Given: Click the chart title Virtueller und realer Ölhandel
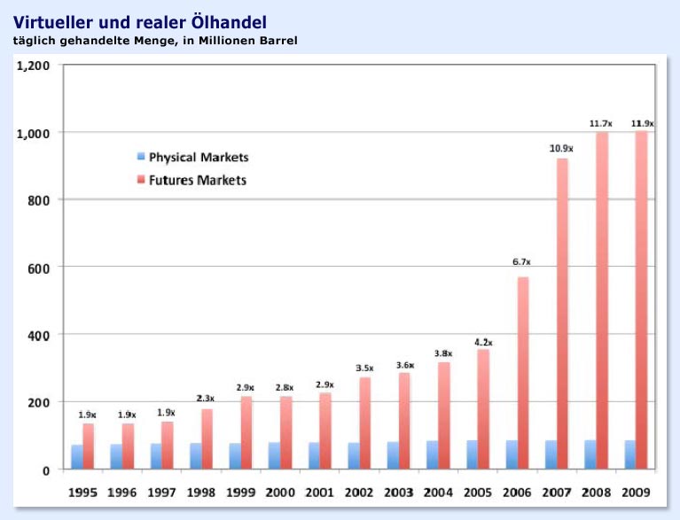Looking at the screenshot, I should coord(139,21).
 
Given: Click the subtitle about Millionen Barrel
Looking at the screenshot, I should coord(155,40).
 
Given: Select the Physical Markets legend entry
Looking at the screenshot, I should coord(198,158).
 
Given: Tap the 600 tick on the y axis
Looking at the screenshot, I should coord(40,268).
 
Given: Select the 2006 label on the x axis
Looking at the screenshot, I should coord(517,492).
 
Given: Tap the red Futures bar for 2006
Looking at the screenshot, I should coord(522,372).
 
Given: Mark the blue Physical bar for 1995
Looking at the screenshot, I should coord(77,456).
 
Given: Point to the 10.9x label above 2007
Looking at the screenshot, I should coord(561,148).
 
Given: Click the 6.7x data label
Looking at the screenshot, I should coord(521,261).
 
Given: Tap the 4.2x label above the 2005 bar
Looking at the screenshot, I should coord(482,342).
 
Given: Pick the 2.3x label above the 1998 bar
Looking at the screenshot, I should coord(206,398).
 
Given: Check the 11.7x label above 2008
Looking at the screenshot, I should coord(601,123).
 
